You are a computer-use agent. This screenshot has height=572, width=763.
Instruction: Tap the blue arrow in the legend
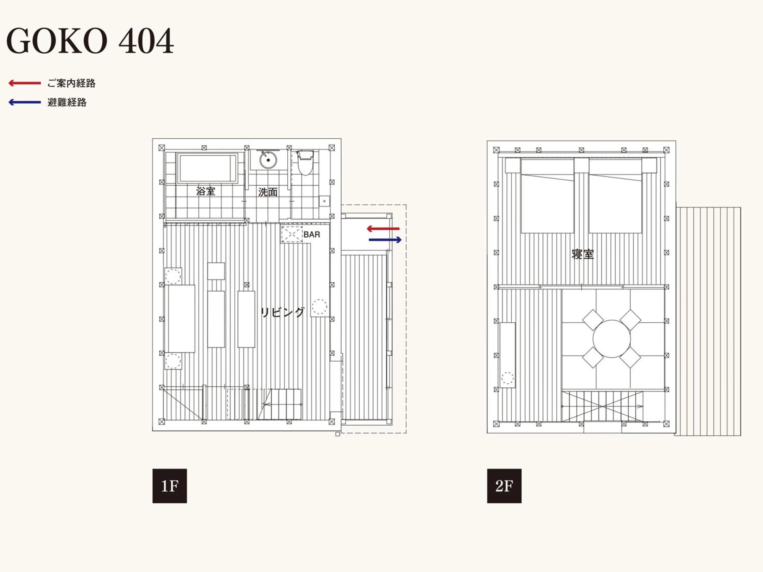point(25,102)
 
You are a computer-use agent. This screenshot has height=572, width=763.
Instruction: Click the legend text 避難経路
point(67,102)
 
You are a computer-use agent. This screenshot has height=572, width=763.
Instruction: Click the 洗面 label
point(268,192)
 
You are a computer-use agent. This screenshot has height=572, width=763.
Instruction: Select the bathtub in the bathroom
point(207,168)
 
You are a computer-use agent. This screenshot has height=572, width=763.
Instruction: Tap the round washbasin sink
point(268,160)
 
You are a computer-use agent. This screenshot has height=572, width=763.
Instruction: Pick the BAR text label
point(312,234)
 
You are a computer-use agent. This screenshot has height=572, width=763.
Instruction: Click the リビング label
point(282,312)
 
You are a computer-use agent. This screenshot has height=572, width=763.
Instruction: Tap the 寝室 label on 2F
point(583,254)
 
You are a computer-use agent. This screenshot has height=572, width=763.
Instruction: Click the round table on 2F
point(612,339)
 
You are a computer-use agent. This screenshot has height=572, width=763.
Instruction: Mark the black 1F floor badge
point(170,486)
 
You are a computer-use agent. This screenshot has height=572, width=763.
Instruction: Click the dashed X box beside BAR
point(291,234)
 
